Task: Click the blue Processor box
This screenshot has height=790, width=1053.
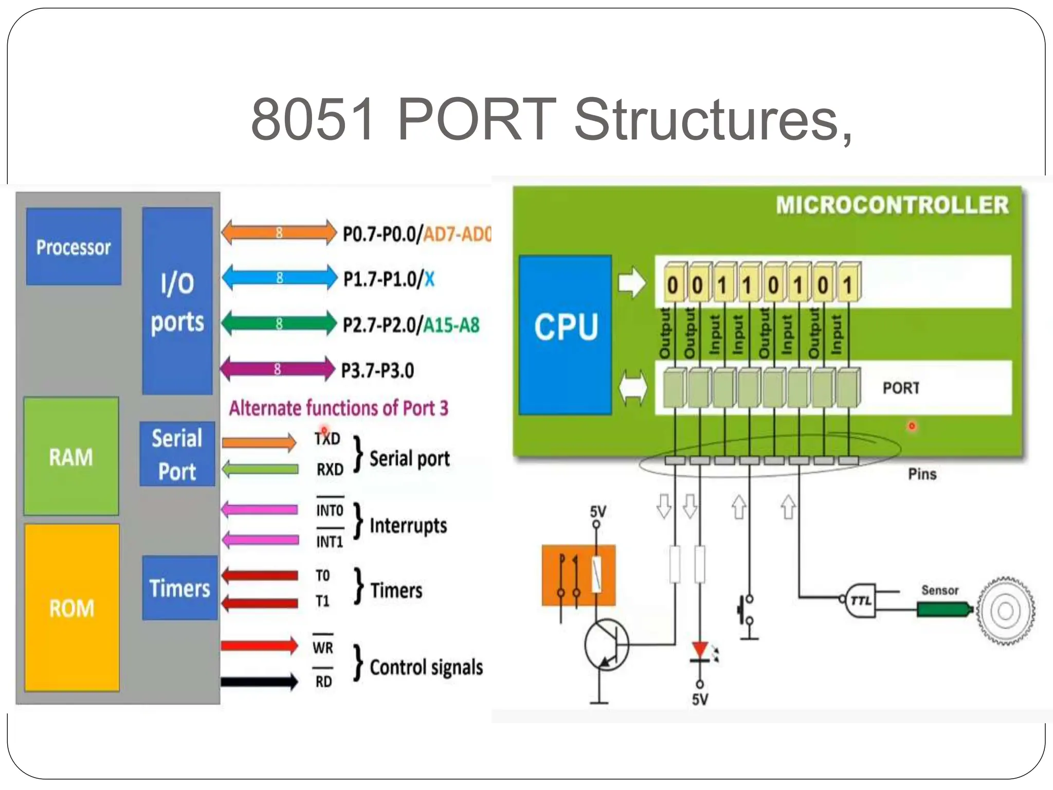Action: click(x=74, y=247)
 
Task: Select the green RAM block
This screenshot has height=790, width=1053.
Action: click(x=71, y=456)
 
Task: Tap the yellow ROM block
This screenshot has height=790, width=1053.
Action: click(x=72, y=608)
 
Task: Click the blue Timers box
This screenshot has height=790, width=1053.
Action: click(x=179, y=588)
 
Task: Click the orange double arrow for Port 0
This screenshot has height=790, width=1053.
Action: click(x=279, y=232)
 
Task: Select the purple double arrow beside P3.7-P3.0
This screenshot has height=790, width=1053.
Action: click(x=277, y=369)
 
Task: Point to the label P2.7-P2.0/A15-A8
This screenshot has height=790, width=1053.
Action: click(x=411, y=325)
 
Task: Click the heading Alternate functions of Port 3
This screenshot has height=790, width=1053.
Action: click(x=338, y=408)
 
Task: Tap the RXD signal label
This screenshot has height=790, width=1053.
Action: click(x=330, y=470)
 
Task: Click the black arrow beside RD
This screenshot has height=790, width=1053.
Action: click(x=260, y=682)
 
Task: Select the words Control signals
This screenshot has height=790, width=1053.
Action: click(x=426, y=667)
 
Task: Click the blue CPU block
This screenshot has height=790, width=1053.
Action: click(x=566, y=334)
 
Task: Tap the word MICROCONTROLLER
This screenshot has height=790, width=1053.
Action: click(x=892, y=205)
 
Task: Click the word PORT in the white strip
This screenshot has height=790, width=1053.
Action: click(x=901, y=388)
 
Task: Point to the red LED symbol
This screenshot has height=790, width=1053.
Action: click(x=700, y=650)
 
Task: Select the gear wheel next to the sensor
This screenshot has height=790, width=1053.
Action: click(x=1005, y=611)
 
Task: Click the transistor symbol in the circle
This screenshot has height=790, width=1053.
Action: click(x=607, y=644)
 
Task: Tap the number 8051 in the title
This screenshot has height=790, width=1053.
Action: click(x=312, y=120)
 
